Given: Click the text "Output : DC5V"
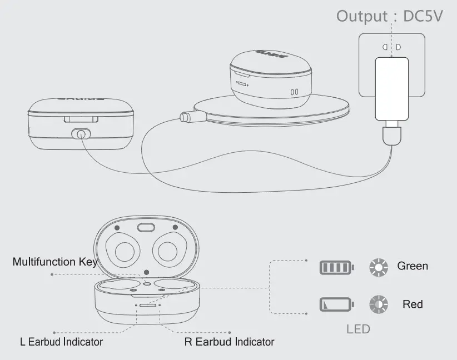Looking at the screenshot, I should [389, 16].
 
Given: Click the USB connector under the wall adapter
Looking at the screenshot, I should [391, 134].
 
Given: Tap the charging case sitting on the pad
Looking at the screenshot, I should [270, 77].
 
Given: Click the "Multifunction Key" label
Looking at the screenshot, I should [54, 261].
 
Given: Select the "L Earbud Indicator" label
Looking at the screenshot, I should [61, 342].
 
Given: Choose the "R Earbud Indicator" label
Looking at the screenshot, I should [229, 342].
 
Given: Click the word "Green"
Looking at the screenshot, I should [413, 266].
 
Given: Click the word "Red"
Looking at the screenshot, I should [413, 304].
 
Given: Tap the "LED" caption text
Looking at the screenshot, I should [358, 329].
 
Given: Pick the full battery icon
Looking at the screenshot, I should [336, 268].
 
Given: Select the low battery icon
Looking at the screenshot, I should [336, 305].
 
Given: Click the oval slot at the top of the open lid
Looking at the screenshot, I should [146, 227].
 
